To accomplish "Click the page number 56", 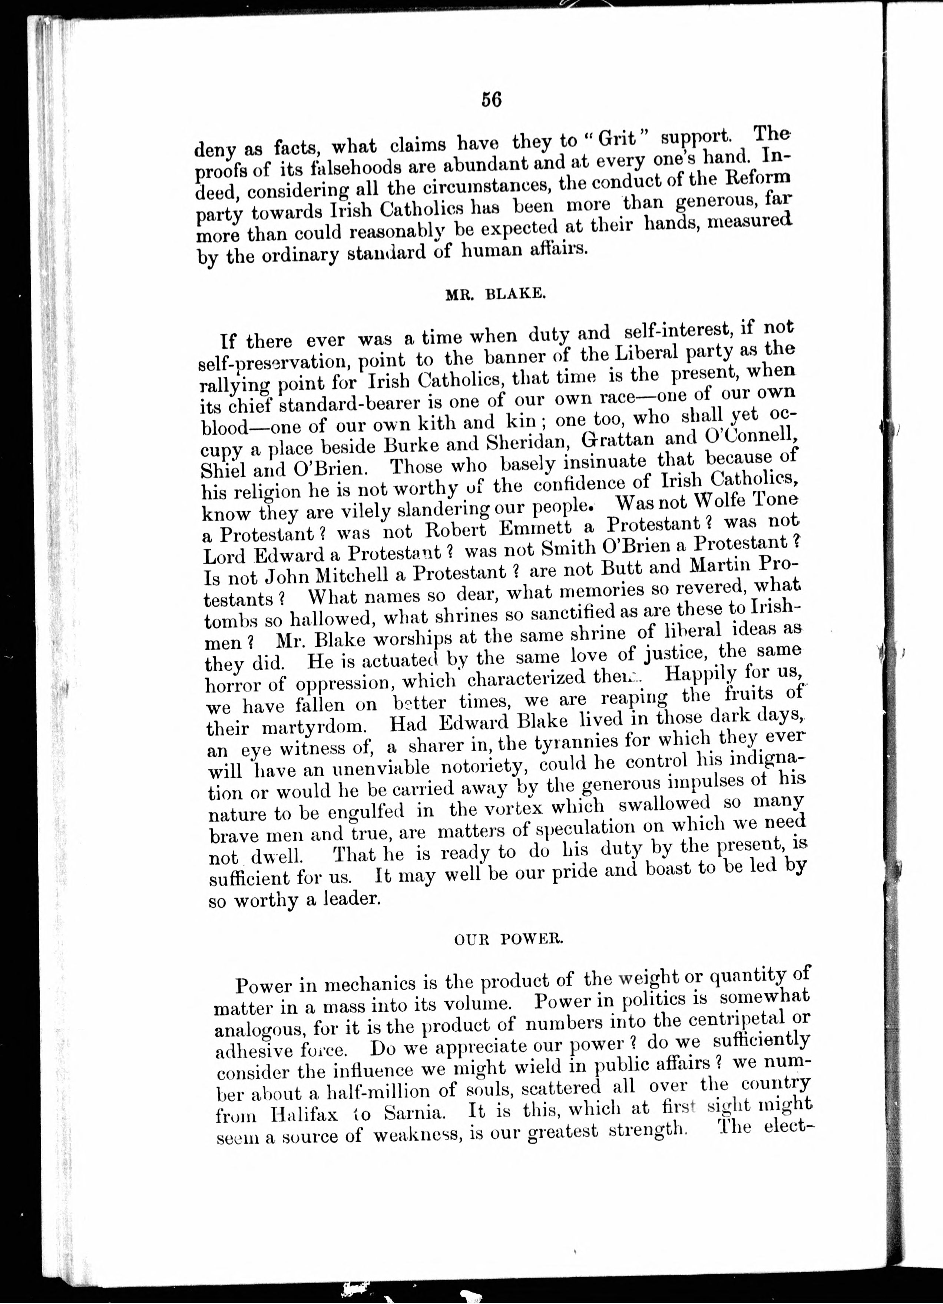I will pyautogui.click(x=492, y=100).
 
